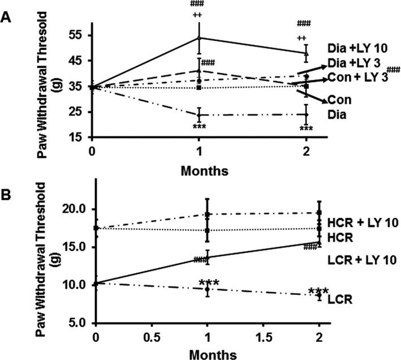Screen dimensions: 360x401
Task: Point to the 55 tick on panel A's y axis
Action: point(77,35)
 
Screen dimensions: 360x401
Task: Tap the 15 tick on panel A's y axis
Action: point(77,138)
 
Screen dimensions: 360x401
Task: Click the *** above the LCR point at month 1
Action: point(209,282)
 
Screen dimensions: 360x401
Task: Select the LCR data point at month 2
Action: point(320,295)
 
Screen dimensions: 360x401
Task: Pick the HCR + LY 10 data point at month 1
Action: point(208,215)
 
